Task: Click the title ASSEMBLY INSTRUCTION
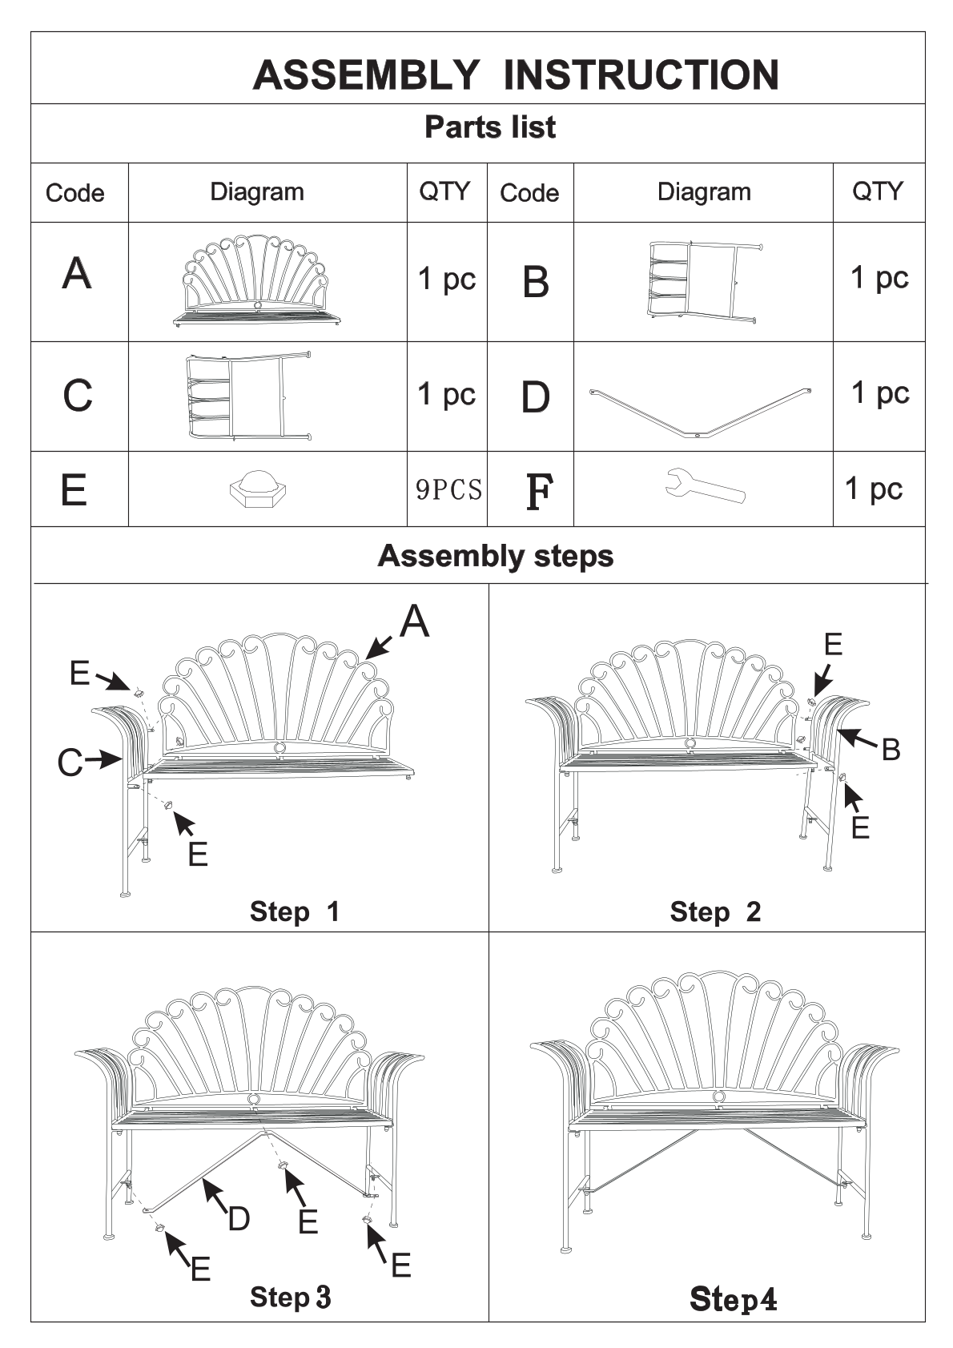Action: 516,75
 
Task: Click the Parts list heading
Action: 490,127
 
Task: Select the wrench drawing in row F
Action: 705,485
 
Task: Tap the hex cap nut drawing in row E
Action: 258,489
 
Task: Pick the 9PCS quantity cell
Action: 448,489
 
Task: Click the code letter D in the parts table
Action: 536,397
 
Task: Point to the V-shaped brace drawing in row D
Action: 700,413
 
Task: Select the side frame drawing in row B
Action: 705,282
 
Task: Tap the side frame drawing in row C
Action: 248,396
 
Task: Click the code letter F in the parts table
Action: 539,491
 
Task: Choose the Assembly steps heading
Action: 495,556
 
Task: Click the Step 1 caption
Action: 294,911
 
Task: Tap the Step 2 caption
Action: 715,911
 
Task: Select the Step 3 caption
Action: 290,1297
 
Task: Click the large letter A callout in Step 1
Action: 415,621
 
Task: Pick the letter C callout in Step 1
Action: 70,763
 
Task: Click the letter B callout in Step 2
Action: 891,750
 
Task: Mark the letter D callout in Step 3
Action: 239,1218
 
